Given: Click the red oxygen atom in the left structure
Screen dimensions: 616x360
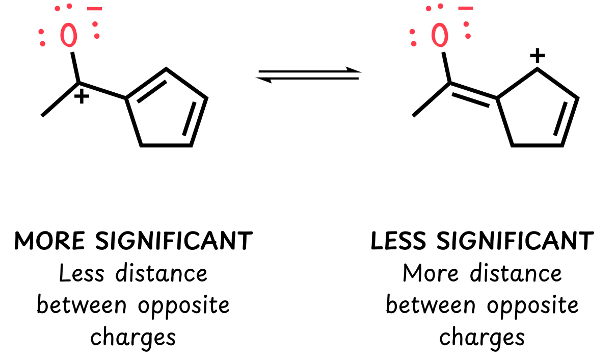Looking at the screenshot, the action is coord(68,35).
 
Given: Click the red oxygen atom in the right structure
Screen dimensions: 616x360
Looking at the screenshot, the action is coord(440,35).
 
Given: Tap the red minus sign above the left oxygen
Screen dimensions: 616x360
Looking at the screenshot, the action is coord(95,9).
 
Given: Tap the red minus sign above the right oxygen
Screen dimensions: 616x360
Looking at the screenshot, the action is coord(466,9).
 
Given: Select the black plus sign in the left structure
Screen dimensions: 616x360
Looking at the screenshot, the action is coord(82,96).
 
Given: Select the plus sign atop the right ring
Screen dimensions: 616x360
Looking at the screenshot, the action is coord(538,56).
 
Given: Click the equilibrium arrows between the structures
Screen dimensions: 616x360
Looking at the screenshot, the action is coord(309,75).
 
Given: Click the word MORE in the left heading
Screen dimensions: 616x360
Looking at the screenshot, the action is coord(49,241).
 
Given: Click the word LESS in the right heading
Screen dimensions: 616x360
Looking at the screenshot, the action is coord(398,241).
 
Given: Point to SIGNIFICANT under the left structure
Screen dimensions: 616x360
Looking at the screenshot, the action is coord(174,241).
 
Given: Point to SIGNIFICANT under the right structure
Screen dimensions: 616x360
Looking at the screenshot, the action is coord(515,241).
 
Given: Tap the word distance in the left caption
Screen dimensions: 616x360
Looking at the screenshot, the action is coord(162,273).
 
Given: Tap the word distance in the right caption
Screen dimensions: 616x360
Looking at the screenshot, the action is coord(516,273).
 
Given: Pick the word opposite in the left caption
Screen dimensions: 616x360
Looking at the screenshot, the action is coord(184,306).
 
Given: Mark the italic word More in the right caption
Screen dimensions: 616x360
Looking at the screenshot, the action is coord(431,273).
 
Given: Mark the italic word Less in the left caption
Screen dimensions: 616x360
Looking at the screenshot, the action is coord(82,273).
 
